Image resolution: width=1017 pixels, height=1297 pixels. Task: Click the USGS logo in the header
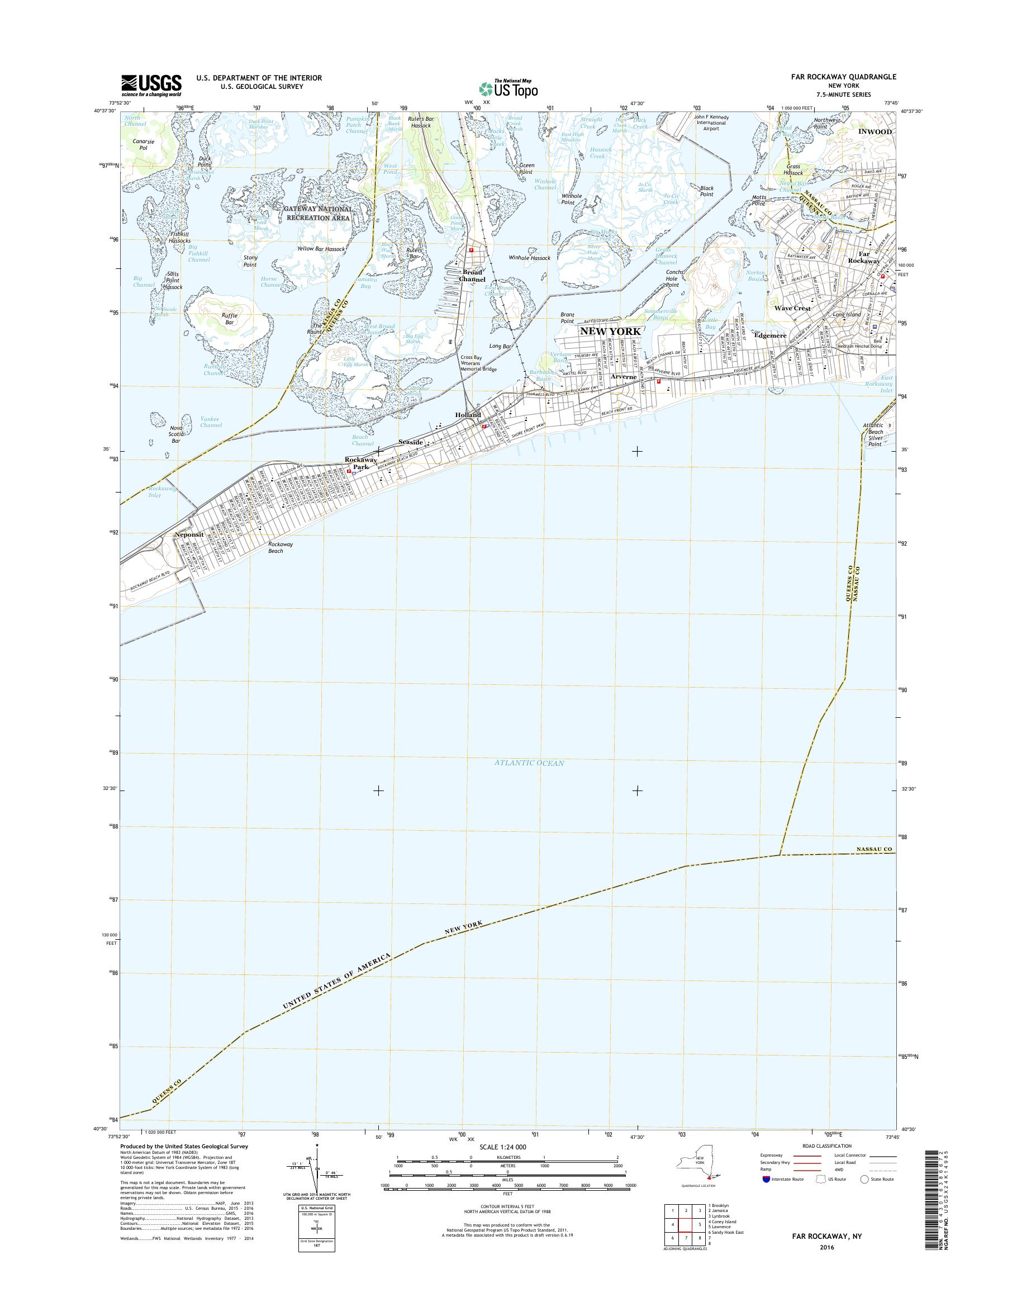[151, 85]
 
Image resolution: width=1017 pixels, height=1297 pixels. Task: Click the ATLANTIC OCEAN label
[528, 763]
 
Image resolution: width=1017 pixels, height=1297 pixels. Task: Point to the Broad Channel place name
[473, 275]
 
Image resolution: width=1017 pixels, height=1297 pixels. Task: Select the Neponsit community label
[189, 534]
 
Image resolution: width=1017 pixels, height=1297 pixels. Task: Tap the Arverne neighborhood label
[624, 377]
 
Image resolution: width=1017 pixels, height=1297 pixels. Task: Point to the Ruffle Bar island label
[229, 319]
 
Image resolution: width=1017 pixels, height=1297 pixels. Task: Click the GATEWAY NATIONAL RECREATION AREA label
[317, 214]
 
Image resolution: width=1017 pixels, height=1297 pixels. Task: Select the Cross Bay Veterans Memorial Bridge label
[478, 363]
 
